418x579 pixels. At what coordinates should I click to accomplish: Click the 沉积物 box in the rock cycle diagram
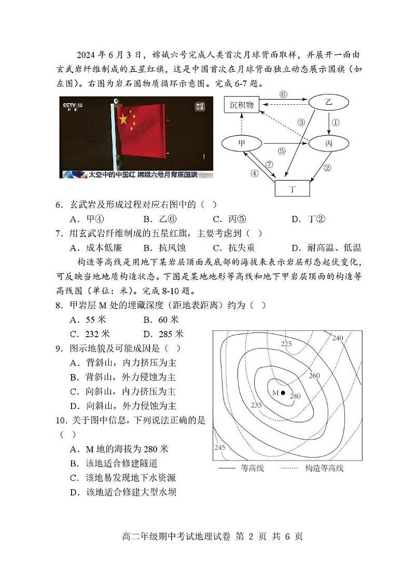coord(242,105)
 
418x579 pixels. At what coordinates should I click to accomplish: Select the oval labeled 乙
coord(329,103)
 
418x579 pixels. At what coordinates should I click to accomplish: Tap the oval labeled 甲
coord(242,143)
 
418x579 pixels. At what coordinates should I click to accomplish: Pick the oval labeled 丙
coord(329,143)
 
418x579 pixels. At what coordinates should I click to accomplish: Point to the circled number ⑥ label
coord(283,94)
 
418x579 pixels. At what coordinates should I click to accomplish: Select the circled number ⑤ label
coord(281,151)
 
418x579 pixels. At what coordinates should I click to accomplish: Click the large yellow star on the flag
coord(123,119)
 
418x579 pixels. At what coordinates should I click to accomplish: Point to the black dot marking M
coord(283,393)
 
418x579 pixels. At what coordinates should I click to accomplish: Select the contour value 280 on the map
coord(295,396)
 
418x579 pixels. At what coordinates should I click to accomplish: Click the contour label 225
coord(286,344)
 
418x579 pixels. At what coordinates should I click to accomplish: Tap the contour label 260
coord(314,376)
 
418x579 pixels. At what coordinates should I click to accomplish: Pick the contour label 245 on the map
coord(220,447)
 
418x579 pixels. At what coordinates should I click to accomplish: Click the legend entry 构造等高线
coord(324,468)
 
